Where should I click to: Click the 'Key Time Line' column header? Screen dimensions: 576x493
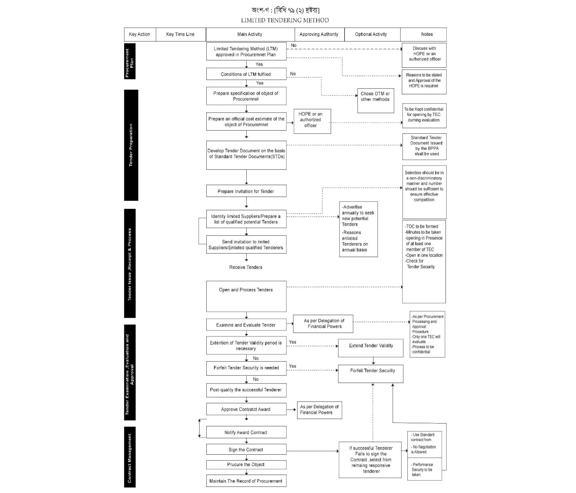(x=181, y=34)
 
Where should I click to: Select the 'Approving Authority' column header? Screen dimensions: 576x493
(x=319, y=34)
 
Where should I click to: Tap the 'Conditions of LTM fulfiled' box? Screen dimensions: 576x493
(x=246, y=74)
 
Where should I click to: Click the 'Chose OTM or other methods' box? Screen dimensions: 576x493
(x=375, y=100)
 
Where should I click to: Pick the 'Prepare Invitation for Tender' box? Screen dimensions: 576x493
(x=246, y=191)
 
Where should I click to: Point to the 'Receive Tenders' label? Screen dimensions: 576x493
(x=246, y=267)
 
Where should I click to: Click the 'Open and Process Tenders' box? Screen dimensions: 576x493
(x=246, y=296)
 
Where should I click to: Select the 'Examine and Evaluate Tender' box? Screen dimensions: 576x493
(x=246, y=325)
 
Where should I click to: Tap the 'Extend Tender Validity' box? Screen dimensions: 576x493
(x=371, y=348)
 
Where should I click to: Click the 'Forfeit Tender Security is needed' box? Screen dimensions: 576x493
(x=246, y=368)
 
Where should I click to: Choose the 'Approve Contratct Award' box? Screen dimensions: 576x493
(x=246, y=409)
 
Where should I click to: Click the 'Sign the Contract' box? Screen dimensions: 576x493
(x=246, y=450)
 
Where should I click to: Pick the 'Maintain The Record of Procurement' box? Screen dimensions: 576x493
(x=246, y=481)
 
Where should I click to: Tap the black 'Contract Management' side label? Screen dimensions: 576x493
(x=130, y=457)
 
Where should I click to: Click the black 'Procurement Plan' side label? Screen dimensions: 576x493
(x=130, y=61)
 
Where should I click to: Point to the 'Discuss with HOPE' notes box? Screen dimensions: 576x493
(x=424, y=55)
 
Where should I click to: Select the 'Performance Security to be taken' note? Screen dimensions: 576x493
(x=425, y=470)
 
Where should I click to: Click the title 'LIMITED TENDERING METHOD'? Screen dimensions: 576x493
(x=285, y=20)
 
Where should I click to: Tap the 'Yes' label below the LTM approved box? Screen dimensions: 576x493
(x=259, y=64)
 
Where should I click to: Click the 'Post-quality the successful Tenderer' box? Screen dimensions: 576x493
(x=246, y=390)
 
